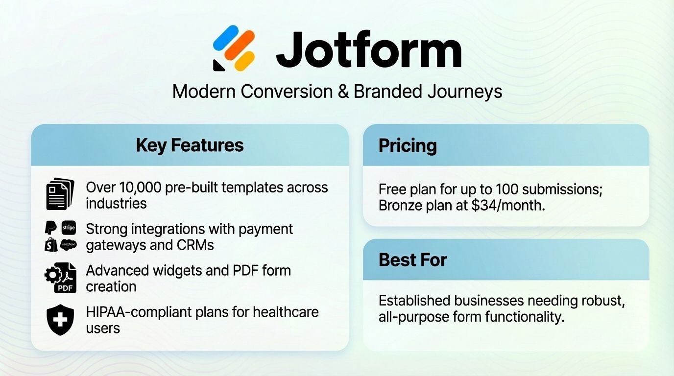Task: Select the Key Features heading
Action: coord(190,145)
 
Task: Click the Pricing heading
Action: coord(407,145)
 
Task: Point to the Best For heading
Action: coord(412,259)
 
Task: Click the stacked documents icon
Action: coord(59,194)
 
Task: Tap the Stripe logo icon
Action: coord(69,228)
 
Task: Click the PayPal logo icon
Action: coord(51,228)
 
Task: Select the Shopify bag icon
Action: coord(51,245)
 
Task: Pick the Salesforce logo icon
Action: coord(69,244)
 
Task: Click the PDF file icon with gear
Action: coord(60,278)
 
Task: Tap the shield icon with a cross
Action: coord(60,320)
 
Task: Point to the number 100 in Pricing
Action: coord(509,189)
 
